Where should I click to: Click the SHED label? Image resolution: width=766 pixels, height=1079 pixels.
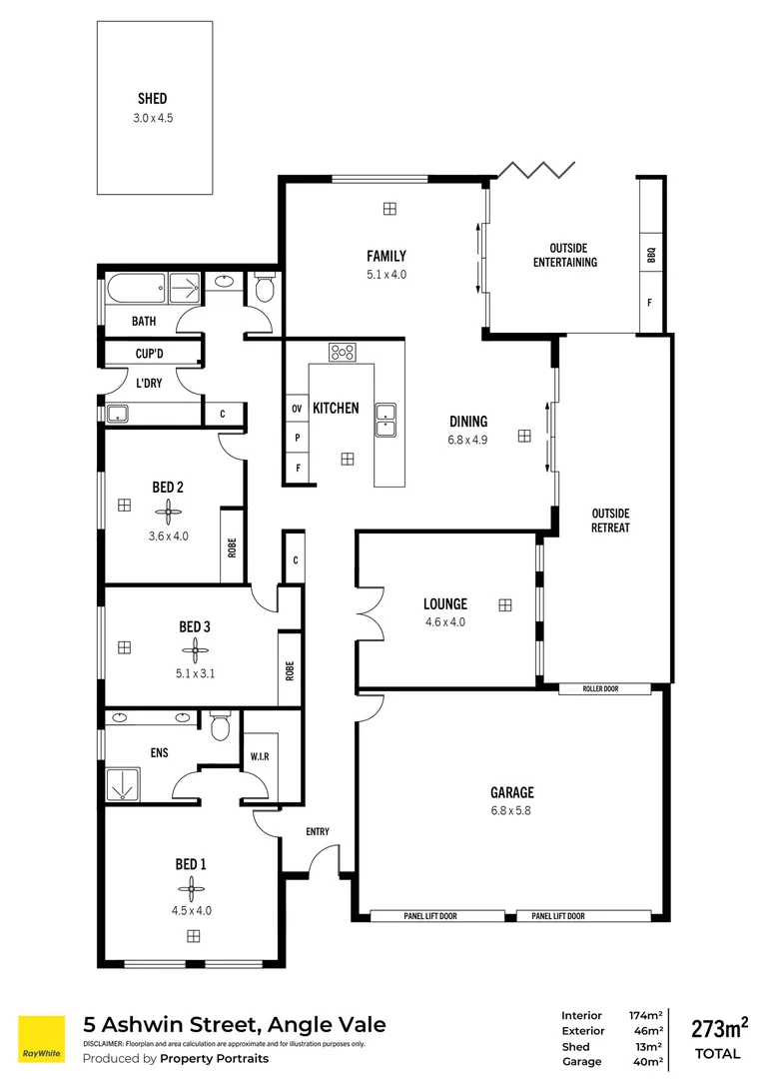pyautogui.click(x=153, y=98)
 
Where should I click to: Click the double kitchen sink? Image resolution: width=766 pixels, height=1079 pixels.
pyautogui.click(x=386, y=421)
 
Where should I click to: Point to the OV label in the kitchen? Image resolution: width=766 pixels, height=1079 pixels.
pyautogui.click(x=297, y=410)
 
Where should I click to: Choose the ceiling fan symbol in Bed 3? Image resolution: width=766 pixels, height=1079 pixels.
pyautogui.click(x=195, y=652)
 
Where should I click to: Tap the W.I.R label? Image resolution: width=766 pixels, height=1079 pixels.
pyautogui.click(x=257, y=754)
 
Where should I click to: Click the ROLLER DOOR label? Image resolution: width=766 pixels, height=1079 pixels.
pyautogui.click(x=604, y=688)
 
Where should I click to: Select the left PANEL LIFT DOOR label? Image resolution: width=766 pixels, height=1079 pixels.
pyautogui.click(x=436, y=916)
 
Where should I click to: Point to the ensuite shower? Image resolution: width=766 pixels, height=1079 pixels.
pyautogui.click(x=126, y=784)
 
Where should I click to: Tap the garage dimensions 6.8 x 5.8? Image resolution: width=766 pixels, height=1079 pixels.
pyautogui.click(x=510, y=810)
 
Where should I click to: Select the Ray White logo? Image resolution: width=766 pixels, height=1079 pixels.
pyautogui.click(x=40, y=1039)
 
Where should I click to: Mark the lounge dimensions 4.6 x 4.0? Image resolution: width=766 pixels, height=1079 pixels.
pyautogui.click(x=444, y=621)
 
